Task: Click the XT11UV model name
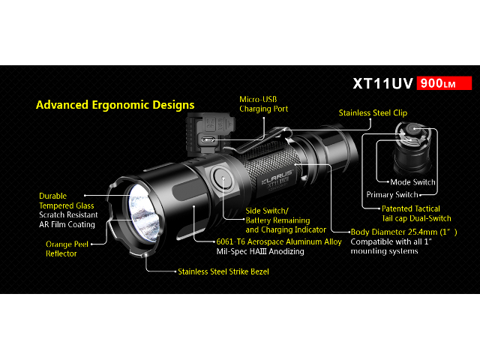(x=383, y=83)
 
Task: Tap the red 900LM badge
(x=444, y=83)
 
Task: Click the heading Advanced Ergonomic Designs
(x=115, y=105)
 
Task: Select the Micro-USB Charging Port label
(x=263, y=104)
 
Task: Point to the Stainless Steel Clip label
(x=373, y=112)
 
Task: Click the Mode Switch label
(x=412, y=182)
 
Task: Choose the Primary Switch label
(x=392, y=195)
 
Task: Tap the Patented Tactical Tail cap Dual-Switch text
(x=416, y=213)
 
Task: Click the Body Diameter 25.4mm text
(x=403, y=232)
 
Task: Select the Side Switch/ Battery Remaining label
(x=278, y=215)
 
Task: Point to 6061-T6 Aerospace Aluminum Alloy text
(x=279, y=241)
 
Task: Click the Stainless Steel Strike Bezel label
(x=223, y=271)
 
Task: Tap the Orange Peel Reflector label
(x=67, y=248)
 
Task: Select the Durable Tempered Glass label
(x=67, y=201)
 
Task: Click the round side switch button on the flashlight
(x=223, y=178)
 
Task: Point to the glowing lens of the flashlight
(x=144, y=212)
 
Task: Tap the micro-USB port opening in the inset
(x=208, y=140)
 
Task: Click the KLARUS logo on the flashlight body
(x=277, y=178)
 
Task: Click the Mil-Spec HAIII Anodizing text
(x=260, y=251)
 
